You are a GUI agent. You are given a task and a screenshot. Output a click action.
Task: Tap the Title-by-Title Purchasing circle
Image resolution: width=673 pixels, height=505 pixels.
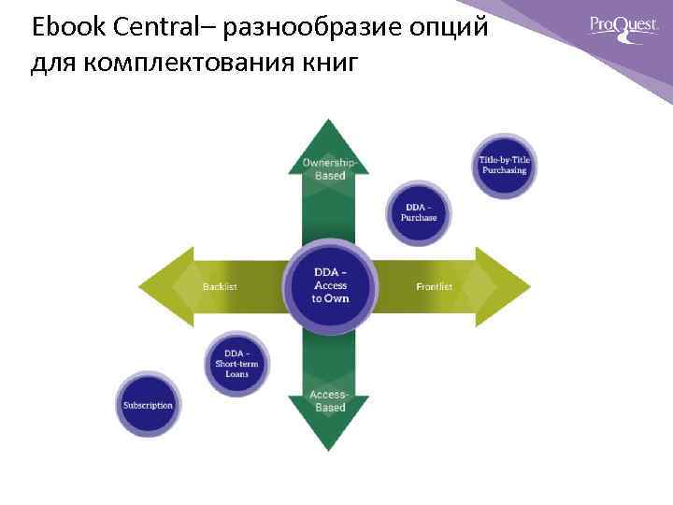(x=504, y=165)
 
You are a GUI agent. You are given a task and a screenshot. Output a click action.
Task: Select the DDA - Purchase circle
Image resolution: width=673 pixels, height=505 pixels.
(x=419, y=211)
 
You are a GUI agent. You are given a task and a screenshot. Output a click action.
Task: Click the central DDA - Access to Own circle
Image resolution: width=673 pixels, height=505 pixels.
(x=330, y=285)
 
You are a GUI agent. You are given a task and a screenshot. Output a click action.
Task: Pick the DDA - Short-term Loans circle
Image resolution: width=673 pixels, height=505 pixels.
(x=237, y=360)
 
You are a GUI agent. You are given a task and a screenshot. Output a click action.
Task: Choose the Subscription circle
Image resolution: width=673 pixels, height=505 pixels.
(x=148, y=405)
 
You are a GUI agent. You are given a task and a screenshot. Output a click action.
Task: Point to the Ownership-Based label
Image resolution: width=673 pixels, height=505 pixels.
(x=330, y=169)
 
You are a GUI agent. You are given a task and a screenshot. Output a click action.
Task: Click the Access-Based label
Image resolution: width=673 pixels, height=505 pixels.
(x=330, y=401)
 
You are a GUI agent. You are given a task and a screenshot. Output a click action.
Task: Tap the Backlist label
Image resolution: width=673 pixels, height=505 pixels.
(x=220, y=286)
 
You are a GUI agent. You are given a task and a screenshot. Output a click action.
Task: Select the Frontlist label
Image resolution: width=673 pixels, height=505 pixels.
(x=434, y=286)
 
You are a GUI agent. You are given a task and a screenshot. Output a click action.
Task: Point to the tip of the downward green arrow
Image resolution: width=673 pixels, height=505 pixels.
(x=330, y=449)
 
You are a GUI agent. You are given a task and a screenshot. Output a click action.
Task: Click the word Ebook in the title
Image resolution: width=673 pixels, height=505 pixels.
(x=62, y=27)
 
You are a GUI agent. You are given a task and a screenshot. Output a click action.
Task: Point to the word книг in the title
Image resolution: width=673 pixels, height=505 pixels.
(x=327, y=65)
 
